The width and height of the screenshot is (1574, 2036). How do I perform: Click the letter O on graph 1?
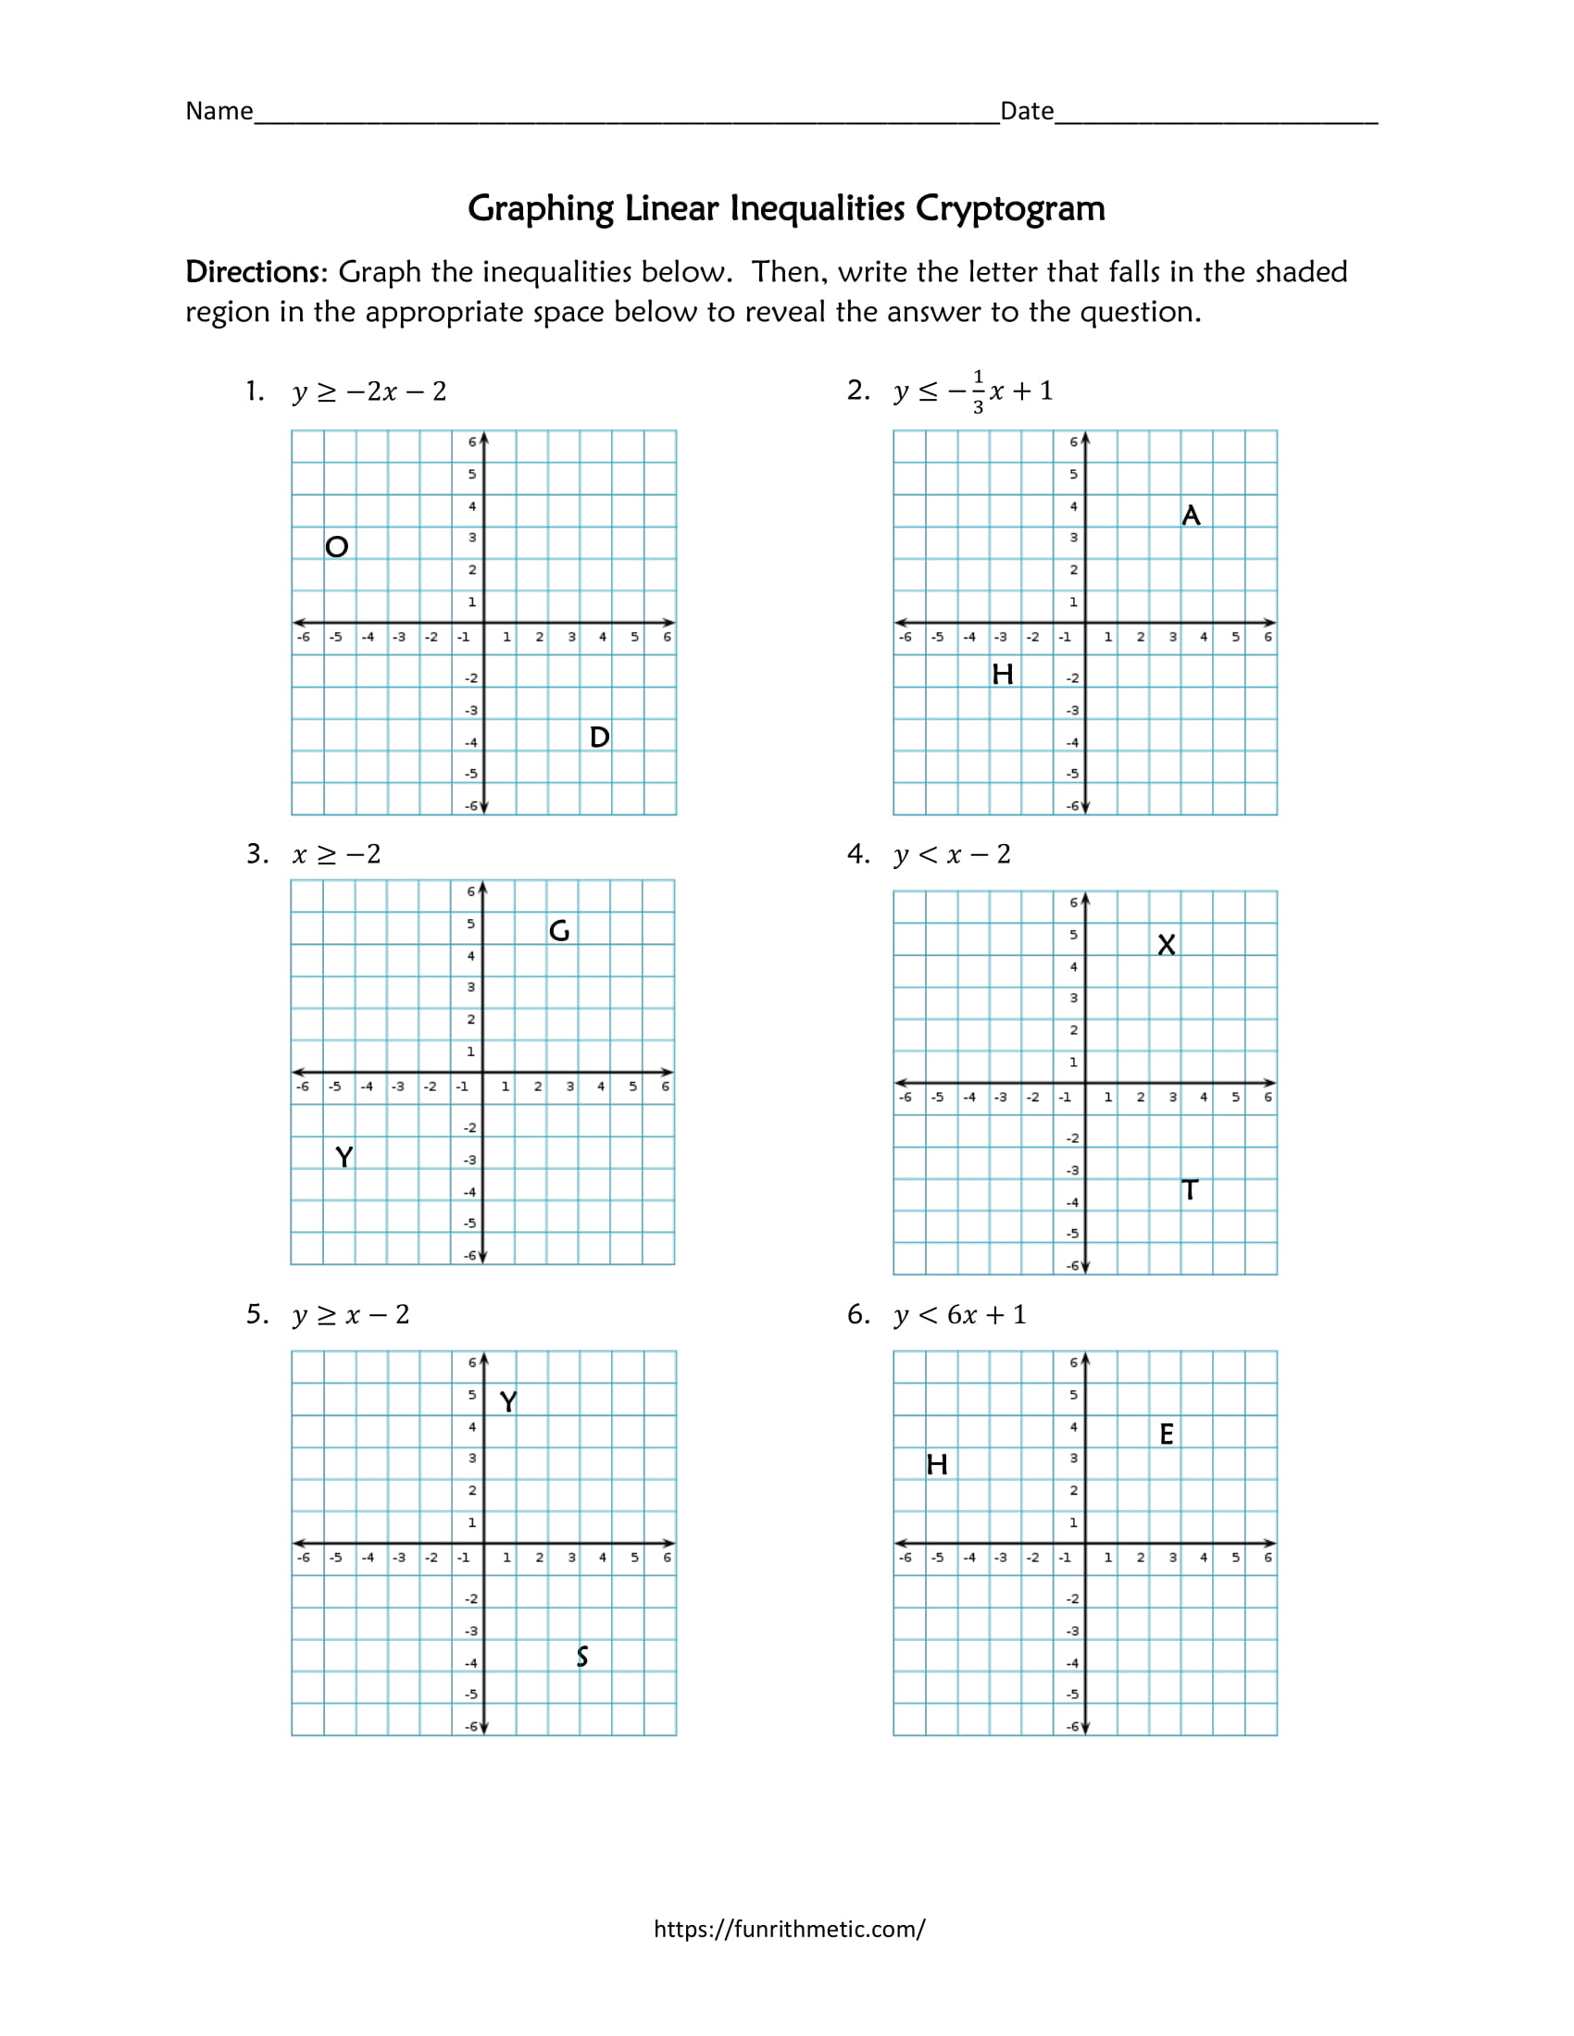pyautogui.click(x=337, y=546)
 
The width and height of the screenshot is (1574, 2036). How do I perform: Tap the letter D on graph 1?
pyautogui.click(x=600, y=738)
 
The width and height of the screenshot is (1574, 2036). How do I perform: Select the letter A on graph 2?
pyautogui.click(x=1191, y=515)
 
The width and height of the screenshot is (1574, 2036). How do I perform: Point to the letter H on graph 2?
pyautogui.click(x=1003, y=674)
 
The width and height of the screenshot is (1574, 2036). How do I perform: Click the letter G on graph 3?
pyautogui.click(x=559, y=930)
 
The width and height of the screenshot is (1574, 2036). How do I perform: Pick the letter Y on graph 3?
pyautogui.click(x=344, y=1157)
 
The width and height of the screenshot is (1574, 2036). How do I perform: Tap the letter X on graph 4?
pyautogui.click(x=1167, y=945)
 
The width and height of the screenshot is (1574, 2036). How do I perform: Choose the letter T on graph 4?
pyautogui.click(x=1190, y=1190)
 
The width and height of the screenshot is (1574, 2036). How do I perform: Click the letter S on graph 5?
pyautogui.click(x=581, y=1657)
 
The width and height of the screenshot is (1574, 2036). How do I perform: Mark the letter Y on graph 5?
pyautogui.click(x=508, y=1402)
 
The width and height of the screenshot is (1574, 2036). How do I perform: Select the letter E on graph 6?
pyautogui.click(x=1167, y=1434)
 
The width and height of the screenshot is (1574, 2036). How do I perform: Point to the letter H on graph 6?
pyautogui.click(x=937, y=1466)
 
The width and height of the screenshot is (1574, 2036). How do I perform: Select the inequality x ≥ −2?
pyautogui.click(x=337, y=854)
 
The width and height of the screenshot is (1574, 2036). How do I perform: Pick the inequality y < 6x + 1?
pyautogui.click(x=960, y=1315)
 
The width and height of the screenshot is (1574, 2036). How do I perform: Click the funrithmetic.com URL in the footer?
pyautogui.click(x=789, y=1929)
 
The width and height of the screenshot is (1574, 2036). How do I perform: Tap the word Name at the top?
pyautogui.click(x=219, y=111)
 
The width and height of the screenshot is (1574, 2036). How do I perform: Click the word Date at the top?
pyautogui.click(x=1027, y=111)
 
